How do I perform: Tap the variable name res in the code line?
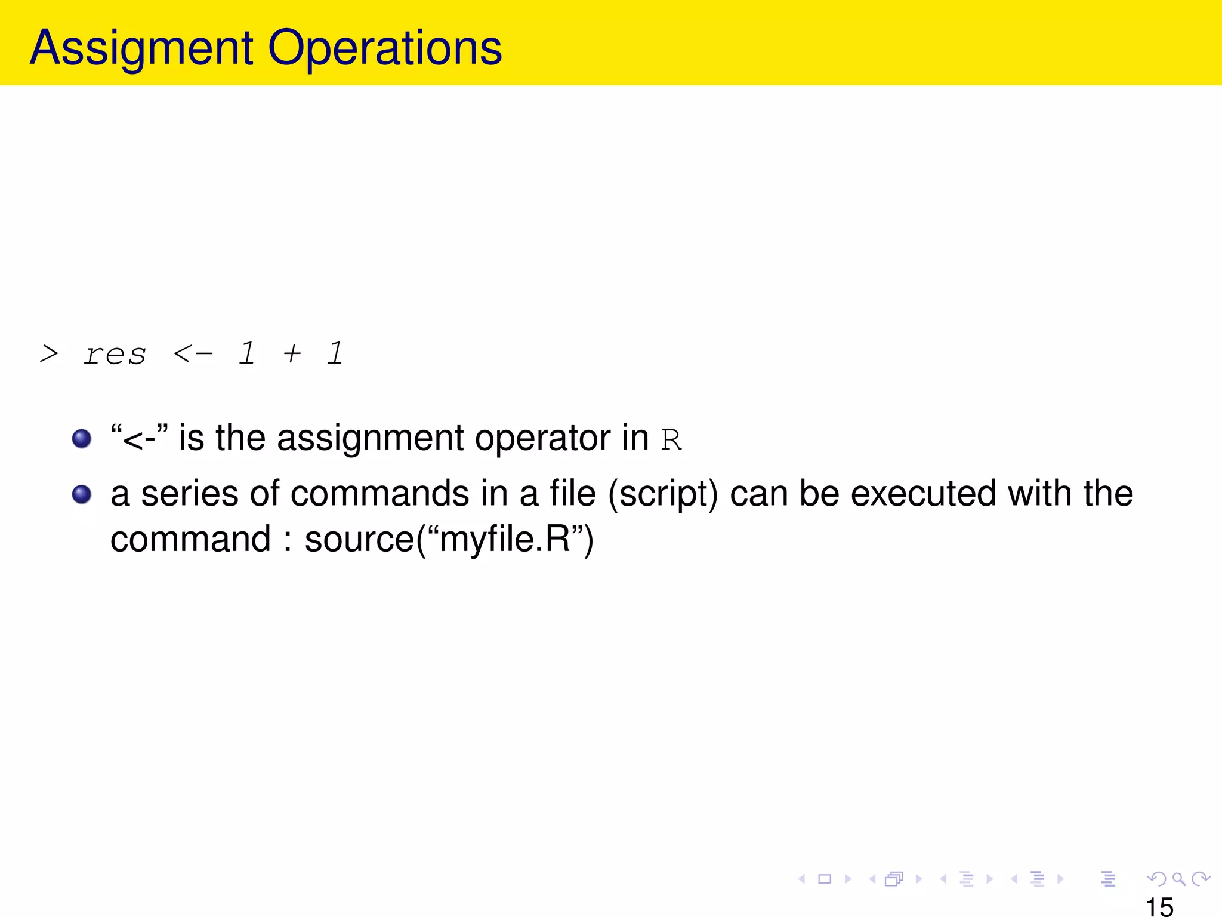115,355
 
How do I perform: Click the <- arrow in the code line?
193,354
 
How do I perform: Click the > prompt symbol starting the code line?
49,354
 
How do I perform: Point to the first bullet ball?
82,439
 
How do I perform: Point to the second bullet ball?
82,494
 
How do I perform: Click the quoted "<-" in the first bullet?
140,438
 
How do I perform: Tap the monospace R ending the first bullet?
671,441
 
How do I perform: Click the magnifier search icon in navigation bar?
1178,879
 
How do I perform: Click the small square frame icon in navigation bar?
825,879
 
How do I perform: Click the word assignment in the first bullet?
370,438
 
